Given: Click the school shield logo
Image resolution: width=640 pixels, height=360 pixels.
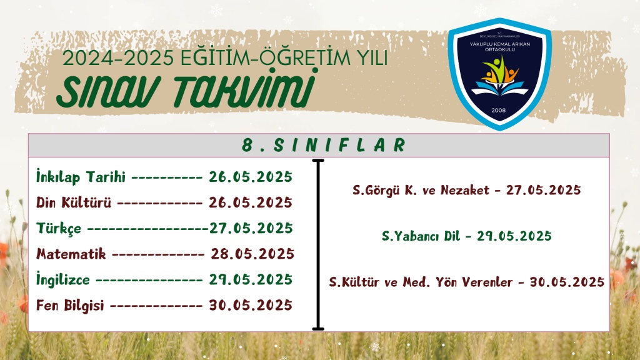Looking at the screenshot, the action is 499,74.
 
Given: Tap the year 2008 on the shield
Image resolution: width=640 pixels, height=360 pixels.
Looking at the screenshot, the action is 498,110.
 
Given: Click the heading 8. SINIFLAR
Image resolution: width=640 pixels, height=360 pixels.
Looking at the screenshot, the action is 324,145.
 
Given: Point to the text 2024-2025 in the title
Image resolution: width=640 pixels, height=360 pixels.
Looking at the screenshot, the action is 118,58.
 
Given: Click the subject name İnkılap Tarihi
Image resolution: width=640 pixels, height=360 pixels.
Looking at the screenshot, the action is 81,177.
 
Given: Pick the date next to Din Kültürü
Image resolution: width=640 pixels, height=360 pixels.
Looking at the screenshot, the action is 251,202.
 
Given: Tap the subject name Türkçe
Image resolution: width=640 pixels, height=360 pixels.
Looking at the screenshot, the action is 59,228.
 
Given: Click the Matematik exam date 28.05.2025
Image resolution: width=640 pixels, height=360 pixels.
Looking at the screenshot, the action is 252,254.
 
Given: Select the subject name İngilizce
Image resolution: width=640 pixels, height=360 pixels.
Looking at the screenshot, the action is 63,279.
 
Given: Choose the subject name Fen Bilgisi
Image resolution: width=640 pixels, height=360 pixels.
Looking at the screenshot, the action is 70,306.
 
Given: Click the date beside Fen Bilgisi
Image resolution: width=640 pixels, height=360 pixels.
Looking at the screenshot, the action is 251,305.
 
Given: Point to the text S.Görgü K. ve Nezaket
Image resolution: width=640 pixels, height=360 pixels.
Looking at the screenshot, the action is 421,190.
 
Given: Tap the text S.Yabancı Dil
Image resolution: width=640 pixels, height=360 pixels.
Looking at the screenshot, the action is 421,236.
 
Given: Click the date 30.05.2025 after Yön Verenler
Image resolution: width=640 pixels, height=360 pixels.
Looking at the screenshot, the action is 567,282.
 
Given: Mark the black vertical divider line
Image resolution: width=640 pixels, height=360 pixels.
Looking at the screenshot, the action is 318,245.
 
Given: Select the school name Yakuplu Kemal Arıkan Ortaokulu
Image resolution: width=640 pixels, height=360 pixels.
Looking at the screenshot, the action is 499,46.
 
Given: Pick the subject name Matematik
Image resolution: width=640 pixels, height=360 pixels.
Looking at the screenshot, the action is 71,254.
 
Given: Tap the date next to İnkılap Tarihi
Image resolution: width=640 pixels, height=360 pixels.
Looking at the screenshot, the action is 251,177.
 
